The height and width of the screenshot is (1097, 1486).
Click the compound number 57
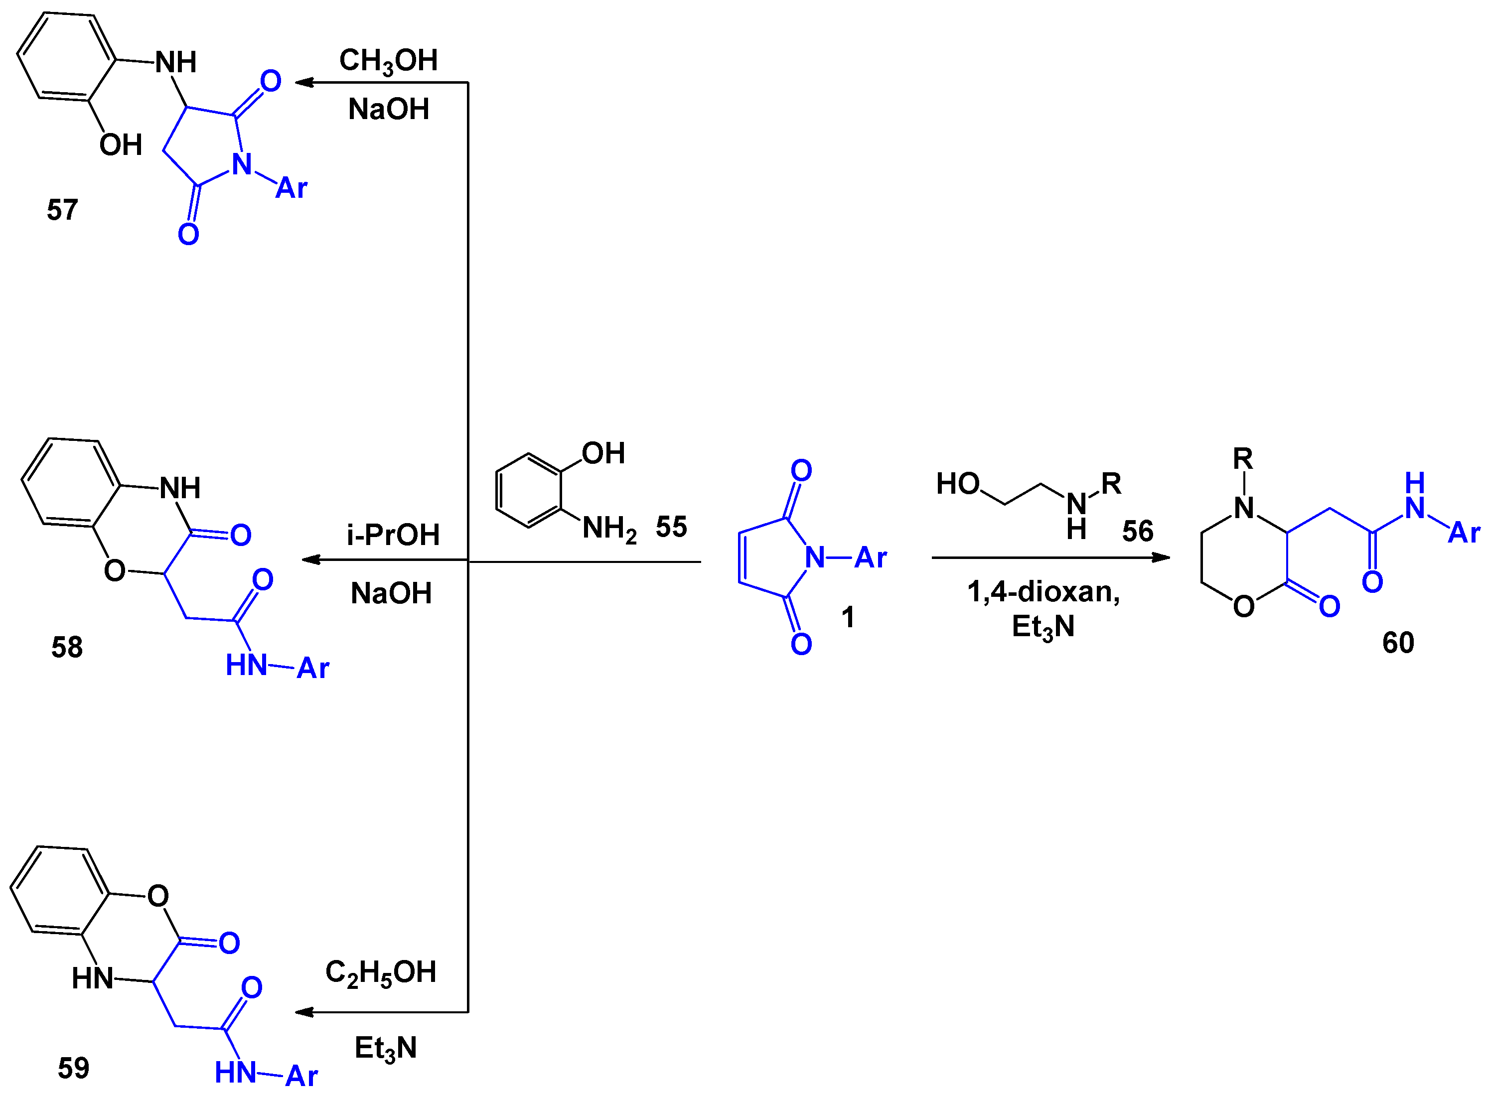tap(62, 210)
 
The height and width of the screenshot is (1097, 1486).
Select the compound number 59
tap(73, 1068)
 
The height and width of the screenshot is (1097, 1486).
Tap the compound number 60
tap(1398, 643)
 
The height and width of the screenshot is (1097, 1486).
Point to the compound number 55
tap(671, 527)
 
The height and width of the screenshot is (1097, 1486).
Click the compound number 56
tap(1137, 531)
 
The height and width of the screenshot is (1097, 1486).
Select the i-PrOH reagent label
tap(393, 535)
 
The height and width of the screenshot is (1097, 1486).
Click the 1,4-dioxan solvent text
tap(1043, 592)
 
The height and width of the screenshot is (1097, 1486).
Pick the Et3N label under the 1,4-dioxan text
tap(1043, 627)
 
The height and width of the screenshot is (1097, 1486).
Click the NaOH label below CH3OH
tap(389, 110)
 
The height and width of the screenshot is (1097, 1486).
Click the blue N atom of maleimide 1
tap(815, 558)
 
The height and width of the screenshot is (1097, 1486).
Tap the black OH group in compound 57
tap(121, 145)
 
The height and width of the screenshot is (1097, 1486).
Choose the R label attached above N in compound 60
tap(1242, 459)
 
